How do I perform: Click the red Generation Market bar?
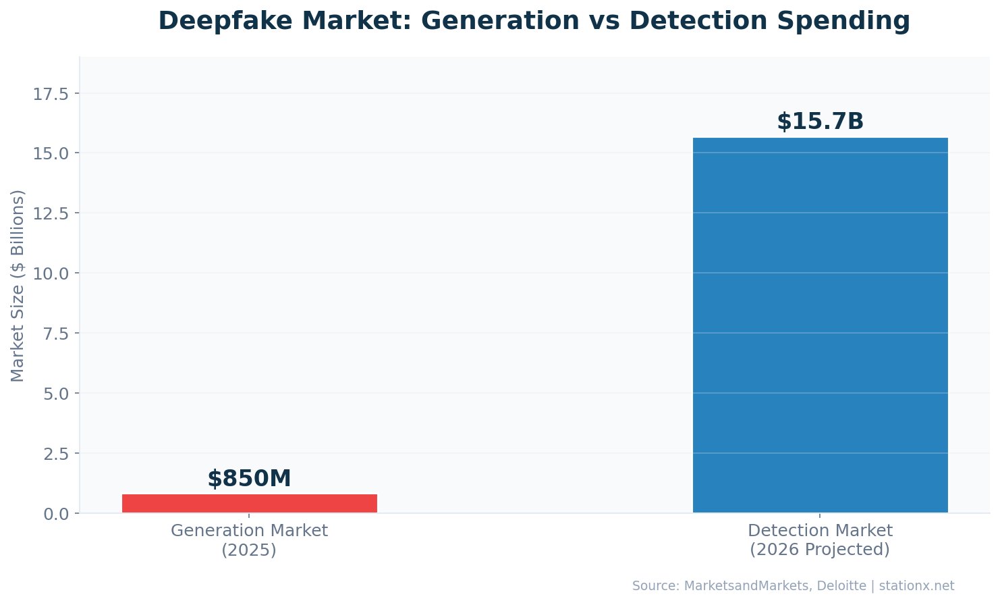[249, 503]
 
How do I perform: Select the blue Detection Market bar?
[820, 325]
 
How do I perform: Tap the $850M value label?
[249, 479]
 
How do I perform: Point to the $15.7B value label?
[820, 122]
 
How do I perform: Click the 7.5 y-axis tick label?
[56, 334]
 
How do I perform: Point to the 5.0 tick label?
[56, 394]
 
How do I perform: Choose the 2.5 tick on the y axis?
[56, 454]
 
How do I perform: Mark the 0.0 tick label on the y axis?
[56, 514]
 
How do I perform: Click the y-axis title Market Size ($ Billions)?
[18, 285]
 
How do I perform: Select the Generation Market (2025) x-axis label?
[249, 540]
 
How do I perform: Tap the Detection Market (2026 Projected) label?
[820, 540]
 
